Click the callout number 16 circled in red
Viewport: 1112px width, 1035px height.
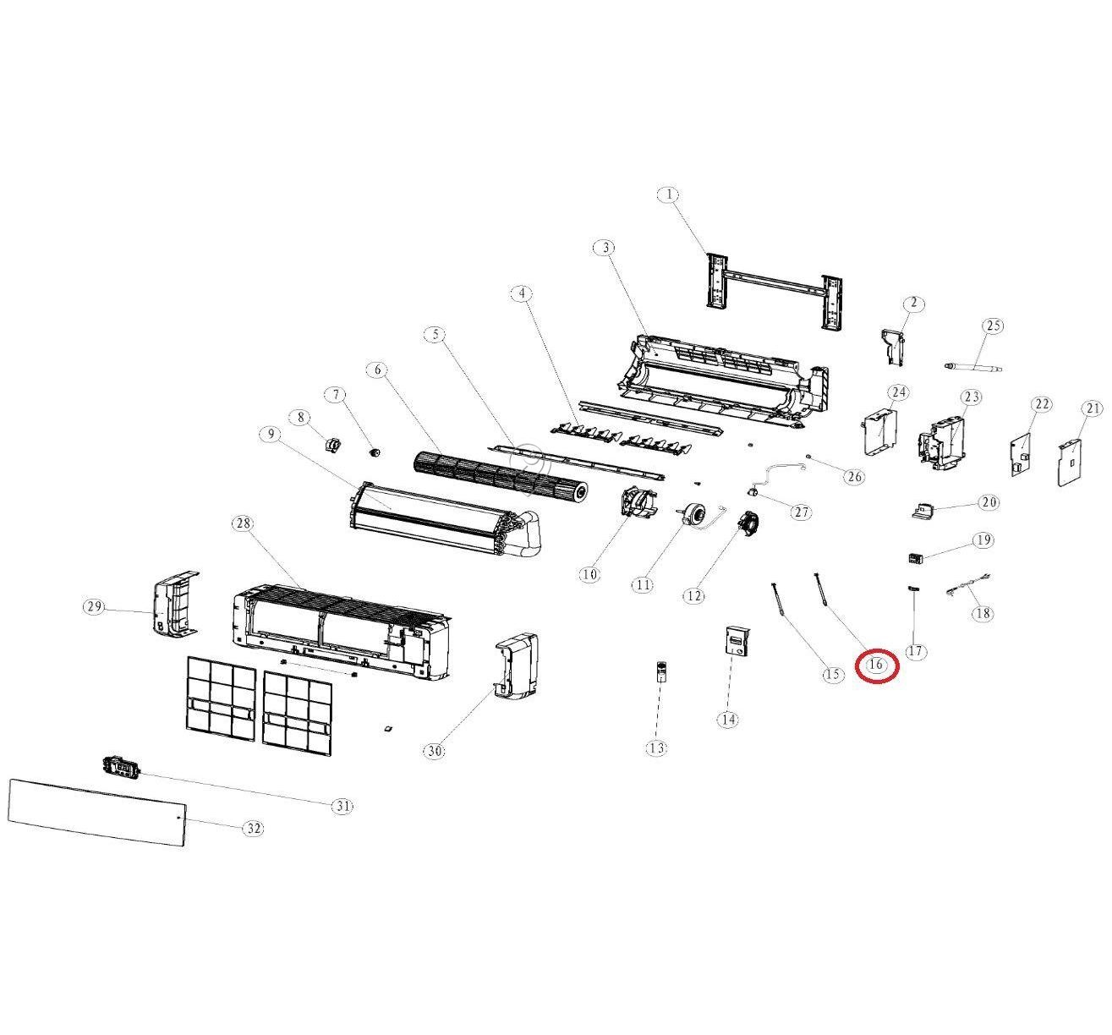tap(876, 665)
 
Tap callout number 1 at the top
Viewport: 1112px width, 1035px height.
tap(668, 194)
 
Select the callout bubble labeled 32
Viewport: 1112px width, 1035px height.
tap(254, 829)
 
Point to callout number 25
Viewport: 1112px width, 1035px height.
tap(993, 326)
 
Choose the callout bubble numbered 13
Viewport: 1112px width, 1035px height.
tap(656, 747)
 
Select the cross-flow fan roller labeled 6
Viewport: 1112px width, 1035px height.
tap(499, 476)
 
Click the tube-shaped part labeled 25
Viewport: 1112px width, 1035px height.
tap(973, 366)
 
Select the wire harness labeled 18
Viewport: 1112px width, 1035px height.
tap(968, 584)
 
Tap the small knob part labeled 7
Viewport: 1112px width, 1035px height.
tap(371, 452)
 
